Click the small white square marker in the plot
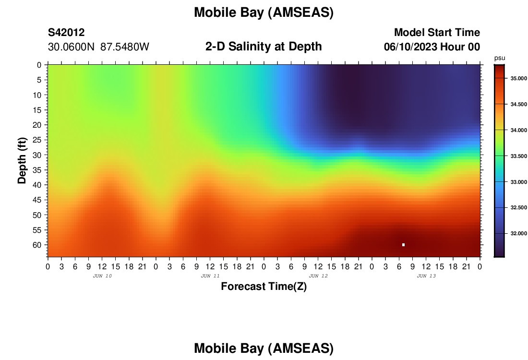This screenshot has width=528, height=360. point(403,245)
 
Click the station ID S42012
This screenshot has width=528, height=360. point(66,32)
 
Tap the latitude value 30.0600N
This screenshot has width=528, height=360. point(71,47)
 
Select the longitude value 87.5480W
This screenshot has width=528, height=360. point(125,47)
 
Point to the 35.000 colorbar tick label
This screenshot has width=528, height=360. point(518,78)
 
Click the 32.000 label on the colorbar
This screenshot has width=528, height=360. point(518,233)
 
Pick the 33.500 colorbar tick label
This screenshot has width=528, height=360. point(518,156)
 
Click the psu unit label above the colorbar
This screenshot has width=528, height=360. point(500,58)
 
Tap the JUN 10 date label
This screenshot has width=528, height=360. point(102,276)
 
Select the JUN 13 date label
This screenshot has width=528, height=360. point(426,276)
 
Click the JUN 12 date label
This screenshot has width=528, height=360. point(318,276)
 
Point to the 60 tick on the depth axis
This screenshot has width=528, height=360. point(36,245)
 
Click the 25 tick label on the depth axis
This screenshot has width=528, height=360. point(36,140)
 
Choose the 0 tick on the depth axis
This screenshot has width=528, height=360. point(39,65)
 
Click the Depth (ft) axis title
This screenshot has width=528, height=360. point(22,160)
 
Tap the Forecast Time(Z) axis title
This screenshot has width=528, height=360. point(264,286)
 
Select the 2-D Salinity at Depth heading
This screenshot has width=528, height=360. point(264,47)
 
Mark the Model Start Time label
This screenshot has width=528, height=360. point(437,32)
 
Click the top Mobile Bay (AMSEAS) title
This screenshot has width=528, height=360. point(264,12)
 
